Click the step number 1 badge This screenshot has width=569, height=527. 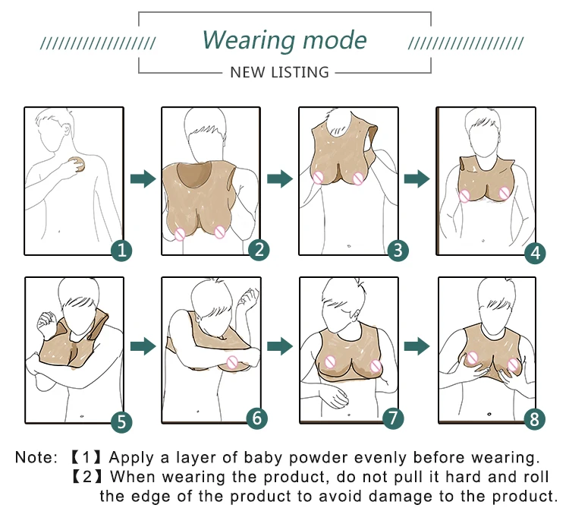[x=122, y=250]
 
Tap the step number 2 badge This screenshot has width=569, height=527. [x=259, y=249]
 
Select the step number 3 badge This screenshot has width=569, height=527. [x=398, y=249]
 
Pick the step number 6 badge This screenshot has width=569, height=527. [x=258, y=417]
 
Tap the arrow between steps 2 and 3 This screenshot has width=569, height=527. [x=280, y=178]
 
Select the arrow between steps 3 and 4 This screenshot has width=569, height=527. [x=417, y=178]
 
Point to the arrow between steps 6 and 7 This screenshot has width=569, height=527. [x=280, y=346]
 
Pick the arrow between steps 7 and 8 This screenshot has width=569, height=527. [x=417, y=346]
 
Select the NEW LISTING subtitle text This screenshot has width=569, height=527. [x=279, y=72]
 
